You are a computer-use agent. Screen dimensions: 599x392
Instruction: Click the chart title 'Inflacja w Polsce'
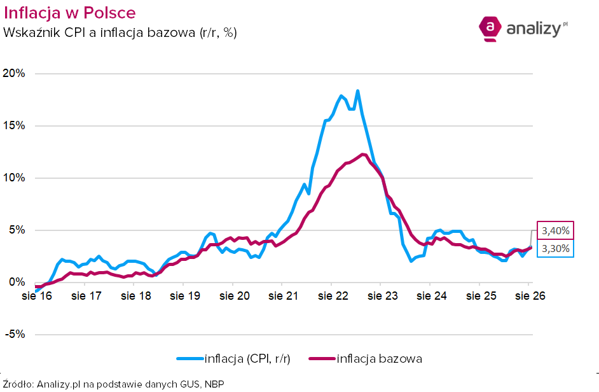pos(69,13)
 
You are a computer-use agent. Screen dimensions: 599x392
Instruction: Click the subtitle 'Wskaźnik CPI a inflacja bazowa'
pos(99,32)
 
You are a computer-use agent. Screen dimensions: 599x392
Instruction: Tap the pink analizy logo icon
pos(490,29)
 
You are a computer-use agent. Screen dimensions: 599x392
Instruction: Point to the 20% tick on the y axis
pos(14,73)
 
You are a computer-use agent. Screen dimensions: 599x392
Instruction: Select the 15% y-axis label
pos(14,125)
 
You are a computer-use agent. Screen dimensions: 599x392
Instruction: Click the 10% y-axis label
pos(14,178)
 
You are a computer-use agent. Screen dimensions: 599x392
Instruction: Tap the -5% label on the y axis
pos(15,334)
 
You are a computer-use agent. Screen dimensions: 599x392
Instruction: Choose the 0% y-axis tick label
pos(17,283)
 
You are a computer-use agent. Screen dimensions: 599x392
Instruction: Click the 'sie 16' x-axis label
pos(37,296)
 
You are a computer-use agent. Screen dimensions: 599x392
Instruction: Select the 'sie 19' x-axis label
pos(185,296)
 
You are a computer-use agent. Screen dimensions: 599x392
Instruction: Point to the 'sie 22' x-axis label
pos(333,296)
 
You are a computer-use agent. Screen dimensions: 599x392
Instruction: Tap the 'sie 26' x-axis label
pos(530,296)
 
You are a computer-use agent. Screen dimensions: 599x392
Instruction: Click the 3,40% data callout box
pos(556,230)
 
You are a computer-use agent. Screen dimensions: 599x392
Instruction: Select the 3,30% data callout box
pos(556,249)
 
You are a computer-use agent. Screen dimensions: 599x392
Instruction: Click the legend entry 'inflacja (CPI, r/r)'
pos(233,359)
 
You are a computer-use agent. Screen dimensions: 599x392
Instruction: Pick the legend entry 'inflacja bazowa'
pos(366,359)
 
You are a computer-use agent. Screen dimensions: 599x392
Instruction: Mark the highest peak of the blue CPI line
pos(357,91)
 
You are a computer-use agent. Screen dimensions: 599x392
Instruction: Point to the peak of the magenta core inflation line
pos(363,154)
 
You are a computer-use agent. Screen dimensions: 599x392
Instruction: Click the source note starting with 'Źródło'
pos(113,384)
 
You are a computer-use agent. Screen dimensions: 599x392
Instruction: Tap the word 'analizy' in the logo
pos(534,29)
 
